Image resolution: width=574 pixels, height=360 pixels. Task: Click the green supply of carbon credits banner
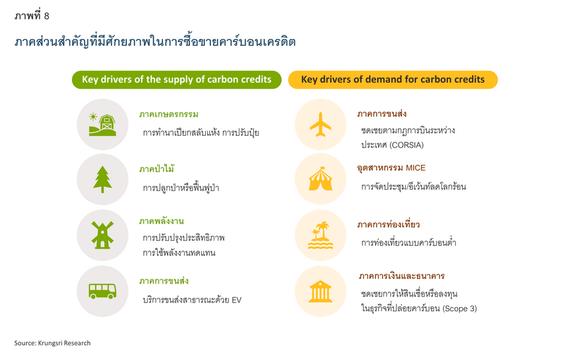click(x=176, y=80)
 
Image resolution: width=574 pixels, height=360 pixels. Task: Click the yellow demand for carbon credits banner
click(x=393, y=80)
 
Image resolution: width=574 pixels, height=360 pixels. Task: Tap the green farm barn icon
click(x=102, y=125)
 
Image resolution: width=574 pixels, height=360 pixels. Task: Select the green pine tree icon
click(x=102, y=179)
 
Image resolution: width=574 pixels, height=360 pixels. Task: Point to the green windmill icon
click(x=102, y=235)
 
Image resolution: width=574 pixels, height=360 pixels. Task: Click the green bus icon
click(x=102, y=291)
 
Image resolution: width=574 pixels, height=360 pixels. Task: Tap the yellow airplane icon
click(x=320, y=125)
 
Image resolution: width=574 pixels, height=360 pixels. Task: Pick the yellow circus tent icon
click(x=320, y=179)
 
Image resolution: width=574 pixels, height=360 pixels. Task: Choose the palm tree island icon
click(x=320, y=235)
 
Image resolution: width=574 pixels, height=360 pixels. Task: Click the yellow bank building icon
click(x=320, y=291)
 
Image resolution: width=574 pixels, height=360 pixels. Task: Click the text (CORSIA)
click(x=406, y=145)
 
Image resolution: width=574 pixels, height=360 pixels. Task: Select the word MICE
click(x=416, y=168)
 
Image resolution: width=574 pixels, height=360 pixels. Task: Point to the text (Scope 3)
click(x=460, y=309)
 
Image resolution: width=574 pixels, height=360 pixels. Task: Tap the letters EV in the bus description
click(x=236, y=300)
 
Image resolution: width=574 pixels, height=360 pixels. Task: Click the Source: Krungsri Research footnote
click(x=52, y=343)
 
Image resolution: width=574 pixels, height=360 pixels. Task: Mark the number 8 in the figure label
click(x=46, y=16)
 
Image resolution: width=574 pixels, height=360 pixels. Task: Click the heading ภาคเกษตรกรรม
click(x=169, y=114)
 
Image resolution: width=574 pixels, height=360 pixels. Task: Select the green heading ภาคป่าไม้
click(x=156, y=169)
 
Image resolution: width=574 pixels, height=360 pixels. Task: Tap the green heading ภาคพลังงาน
click(x=162, y=222)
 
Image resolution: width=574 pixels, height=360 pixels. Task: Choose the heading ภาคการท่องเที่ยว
click(x=389, y=224)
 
